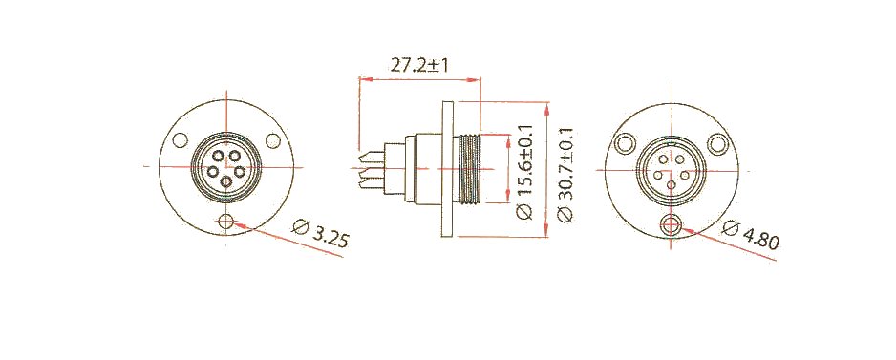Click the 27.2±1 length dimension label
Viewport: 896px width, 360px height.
(418, 65)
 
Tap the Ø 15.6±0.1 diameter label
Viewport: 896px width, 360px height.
(524, 173)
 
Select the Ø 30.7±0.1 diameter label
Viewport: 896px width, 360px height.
(565, 176)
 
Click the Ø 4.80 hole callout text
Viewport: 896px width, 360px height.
(750, 235)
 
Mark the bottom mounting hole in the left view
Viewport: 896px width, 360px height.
(226, 222)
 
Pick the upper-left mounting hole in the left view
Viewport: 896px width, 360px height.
(180, 140)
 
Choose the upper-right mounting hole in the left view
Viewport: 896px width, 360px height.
(273, 140)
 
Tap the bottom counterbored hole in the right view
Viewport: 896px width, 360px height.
(671, 225)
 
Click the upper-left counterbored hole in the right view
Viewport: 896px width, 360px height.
(626, 143)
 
